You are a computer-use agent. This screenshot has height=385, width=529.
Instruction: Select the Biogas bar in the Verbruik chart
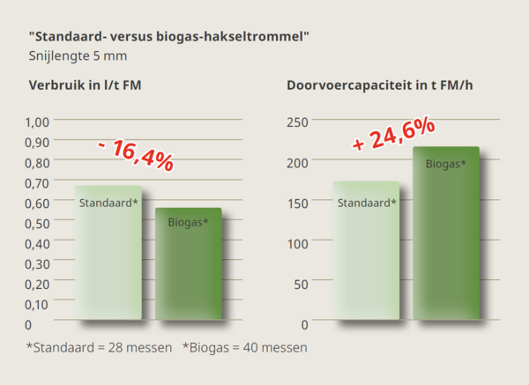point(188,264)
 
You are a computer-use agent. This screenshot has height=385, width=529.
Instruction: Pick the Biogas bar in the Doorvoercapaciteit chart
point(446,233)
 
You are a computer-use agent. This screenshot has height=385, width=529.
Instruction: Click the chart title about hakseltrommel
point(168,36)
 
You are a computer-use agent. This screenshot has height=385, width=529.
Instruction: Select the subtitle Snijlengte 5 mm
point(78,56)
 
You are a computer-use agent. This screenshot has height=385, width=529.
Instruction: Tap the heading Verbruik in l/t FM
point(85,85)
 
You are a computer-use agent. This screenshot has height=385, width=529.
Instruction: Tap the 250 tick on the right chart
point(299,122)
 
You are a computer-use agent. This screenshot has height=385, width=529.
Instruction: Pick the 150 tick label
point(299,203)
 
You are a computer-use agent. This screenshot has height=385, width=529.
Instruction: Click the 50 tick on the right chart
point(302,284)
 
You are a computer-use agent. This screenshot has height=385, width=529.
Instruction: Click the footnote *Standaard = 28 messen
point(99,347)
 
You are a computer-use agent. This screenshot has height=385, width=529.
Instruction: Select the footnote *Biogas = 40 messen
point(245,347)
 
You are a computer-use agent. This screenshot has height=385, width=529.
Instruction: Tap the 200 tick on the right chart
point(299,162)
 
